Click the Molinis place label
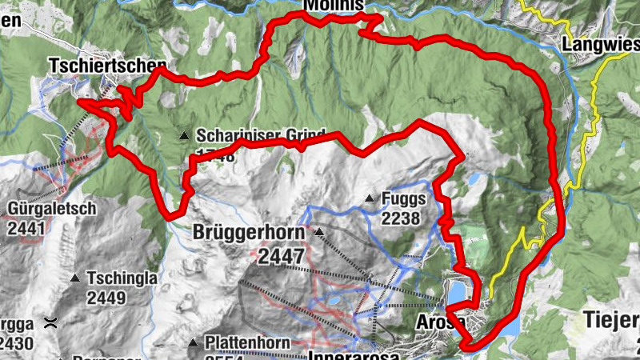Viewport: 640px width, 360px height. pos(334,6)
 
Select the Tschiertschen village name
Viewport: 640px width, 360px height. pos(108,65)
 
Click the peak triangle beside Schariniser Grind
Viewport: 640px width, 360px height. pos(185,135)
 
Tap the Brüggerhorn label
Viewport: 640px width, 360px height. pos(249,233)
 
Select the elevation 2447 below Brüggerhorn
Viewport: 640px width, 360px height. pos(277,256)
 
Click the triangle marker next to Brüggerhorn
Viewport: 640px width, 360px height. pos(318,233)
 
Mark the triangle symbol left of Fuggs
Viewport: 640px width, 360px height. pos(370,198)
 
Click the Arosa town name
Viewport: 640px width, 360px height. pos(440,322)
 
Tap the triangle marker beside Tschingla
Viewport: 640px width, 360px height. pos(74,278)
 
